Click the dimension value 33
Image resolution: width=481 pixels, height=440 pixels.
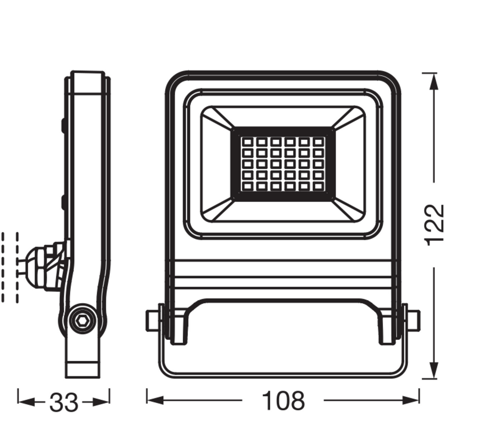[x=64, y=402]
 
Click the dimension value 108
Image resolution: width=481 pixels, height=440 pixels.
[x=283, y=401]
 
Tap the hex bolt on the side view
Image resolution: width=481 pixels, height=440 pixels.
[x=82, y=321]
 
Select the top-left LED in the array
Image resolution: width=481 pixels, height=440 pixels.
[x=248, y=142]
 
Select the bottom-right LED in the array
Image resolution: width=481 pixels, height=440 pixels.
[x=319, y=186]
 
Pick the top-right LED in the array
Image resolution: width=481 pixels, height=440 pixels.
[x=319, y=142]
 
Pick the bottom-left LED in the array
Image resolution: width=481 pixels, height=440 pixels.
[x=248, y=186]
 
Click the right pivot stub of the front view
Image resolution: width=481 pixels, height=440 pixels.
[x=414, y=320]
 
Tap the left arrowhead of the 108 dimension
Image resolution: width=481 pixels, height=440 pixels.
[x=155, y=400]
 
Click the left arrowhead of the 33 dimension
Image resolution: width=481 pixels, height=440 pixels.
[x=26, y=402]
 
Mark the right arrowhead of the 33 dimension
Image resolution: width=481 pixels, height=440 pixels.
[x=101, y=402]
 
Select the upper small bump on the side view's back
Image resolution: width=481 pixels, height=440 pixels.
[x=63, y=124]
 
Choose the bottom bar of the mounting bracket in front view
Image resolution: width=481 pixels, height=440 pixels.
[x=283, y=374]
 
